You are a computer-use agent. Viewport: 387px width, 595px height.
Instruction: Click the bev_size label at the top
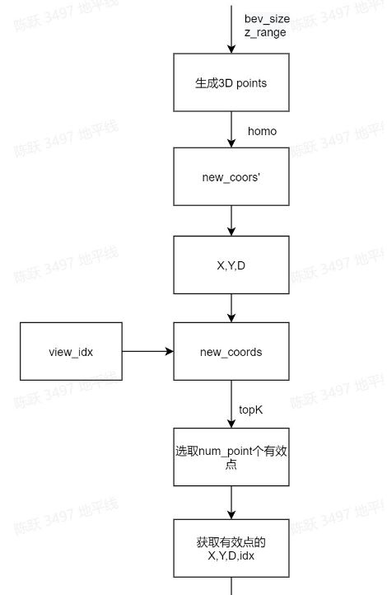point(267,19)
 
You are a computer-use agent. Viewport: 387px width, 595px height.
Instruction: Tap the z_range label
point(265,33)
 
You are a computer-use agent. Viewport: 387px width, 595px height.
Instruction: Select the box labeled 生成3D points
point(231,82)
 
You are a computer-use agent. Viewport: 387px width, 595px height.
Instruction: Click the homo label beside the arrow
point(262,131)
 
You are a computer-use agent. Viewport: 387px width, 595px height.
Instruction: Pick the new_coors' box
point(231,176)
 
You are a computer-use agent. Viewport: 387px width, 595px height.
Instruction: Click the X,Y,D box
point(231,265)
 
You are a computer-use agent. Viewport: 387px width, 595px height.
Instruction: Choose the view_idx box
point(71,351)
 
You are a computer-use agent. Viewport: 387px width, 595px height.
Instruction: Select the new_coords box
point(231,351)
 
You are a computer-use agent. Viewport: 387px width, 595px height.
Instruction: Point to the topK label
point(250,410)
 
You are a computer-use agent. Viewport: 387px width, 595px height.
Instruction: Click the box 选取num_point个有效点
point(231,457)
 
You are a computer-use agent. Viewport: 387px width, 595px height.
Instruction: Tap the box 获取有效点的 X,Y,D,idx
point(231,548)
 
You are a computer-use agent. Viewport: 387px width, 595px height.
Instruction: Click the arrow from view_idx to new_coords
point(148,351)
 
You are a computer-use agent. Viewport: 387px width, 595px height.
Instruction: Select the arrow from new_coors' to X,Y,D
point(231,221)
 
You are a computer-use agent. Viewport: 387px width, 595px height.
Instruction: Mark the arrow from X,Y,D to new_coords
point(231,308)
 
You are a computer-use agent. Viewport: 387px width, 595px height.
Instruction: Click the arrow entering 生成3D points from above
point(231,30)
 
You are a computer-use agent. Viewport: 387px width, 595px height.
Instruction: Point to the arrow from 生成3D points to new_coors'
point(231,129)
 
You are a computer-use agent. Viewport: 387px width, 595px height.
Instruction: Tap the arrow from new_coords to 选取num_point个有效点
point(231,404)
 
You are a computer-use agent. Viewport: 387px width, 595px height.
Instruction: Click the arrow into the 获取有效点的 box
point(231,503)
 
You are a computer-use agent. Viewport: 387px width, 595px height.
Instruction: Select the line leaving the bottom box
point(231,586)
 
